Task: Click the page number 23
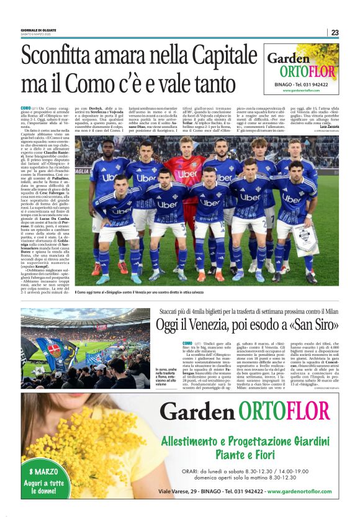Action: pyautogui.click(x=335, y=32)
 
